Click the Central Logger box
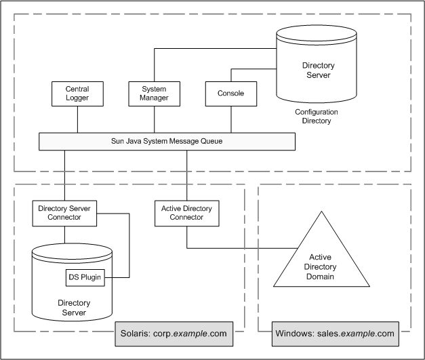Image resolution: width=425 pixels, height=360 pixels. [x=77, y=94]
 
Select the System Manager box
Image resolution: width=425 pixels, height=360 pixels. [x=154, y=94]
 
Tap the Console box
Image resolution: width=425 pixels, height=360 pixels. [x=230, y=94]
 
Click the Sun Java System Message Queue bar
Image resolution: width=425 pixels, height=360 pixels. [x=167, y=142]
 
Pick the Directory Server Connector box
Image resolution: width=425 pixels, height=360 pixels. [x=64, y=212]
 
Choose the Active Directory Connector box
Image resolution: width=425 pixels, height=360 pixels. [x=187, y=212]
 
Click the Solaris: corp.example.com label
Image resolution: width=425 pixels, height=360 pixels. [x=179, y=334]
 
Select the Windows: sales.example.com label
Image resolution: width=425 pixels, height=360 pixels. [x=334, y=334]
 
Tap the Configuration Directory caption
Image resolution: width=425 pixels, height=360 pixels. [x=317, y=116]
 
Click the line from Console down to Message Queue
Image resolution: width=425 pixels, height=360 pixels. [x=230, y=119]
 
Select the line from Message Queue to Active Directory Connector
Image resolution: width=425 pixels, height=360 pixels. [x=187, y=175]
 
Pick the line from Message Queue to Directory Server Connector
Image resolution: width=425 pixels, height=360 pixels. [x=64, y=175]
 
